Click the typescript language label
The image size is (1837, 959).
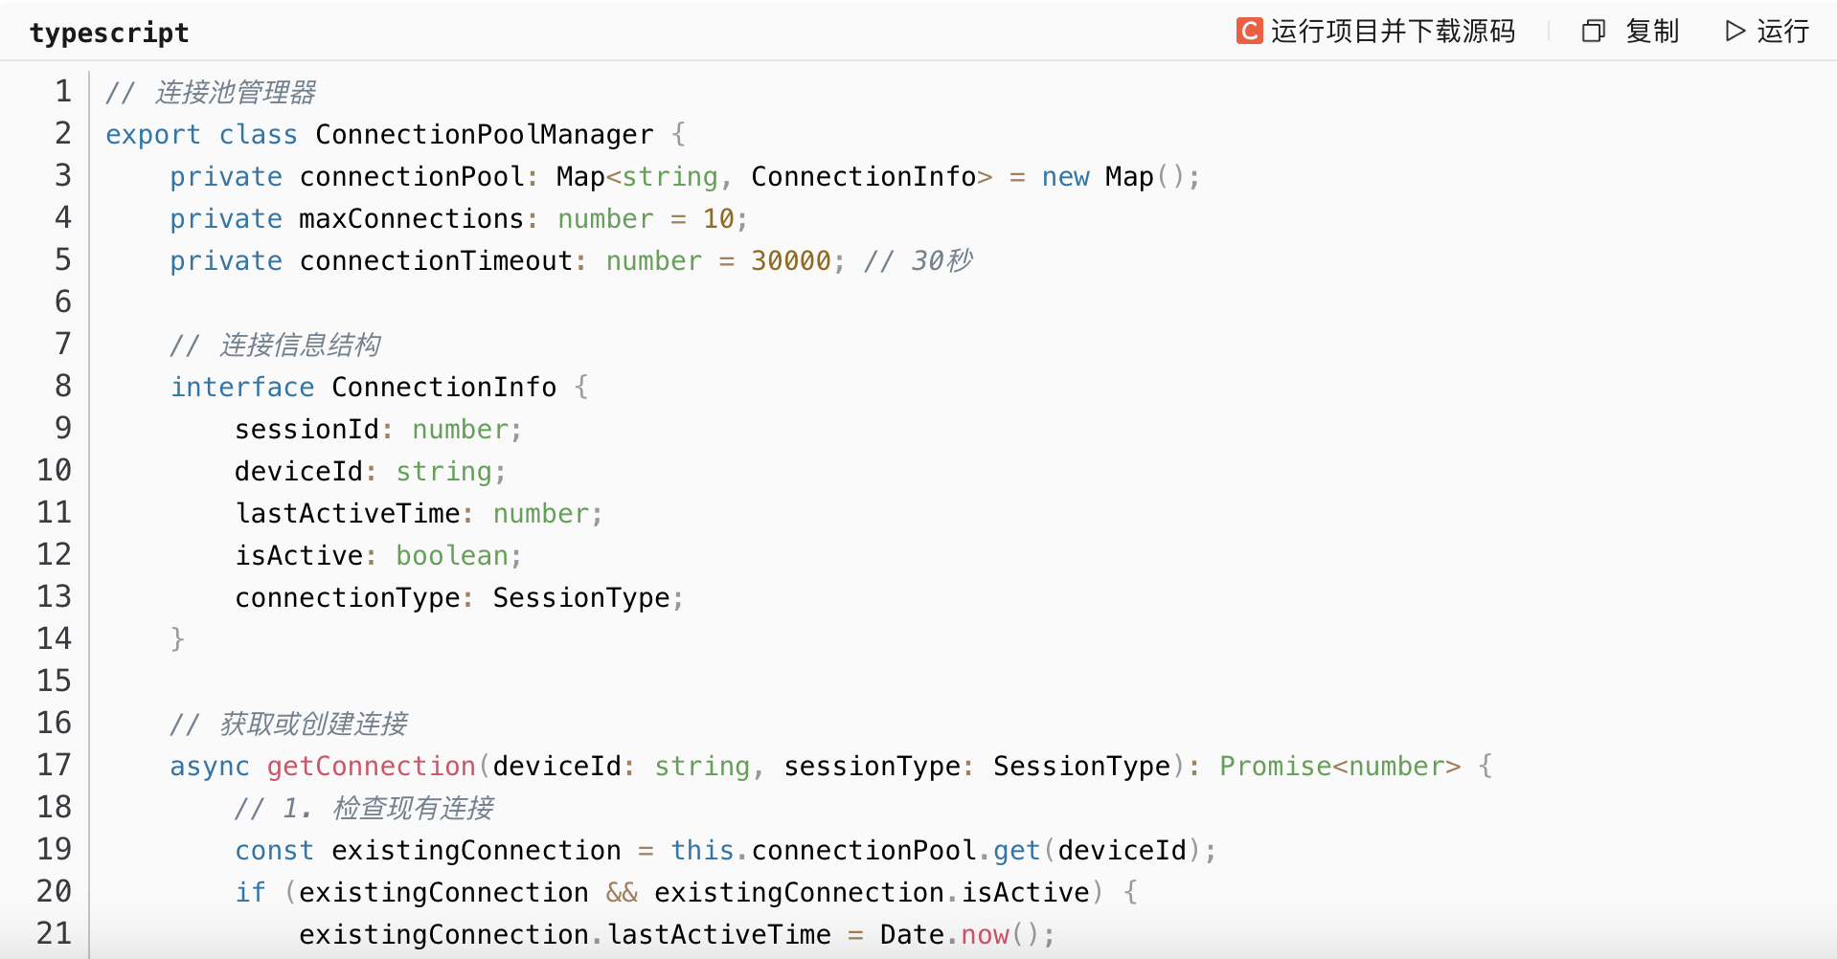[109, 33]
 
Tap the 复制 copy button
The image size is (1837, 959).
[1631, 32]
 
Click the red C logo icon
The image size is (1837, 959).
[1249, 32]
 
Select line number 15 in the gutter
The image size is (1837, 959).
[55, 680]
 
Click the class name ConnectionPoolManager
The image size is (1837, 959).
[484, 135]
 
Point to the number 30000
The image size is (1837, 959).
[791, 261]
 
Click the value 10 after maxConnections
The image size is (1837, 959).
[718, 219]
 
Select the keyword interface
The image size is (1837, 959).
[242, 388]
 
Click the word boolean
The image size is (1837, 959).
[452, 556]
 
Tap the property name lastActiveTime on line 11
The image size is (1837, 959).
[349, 514]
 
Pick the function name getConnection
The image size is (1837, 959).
[371, 767]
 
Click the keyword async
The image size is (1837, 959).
[210, 767]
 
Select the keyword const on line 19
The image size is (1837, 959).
[274, 851]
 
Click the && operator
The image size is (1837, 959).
[622, 893]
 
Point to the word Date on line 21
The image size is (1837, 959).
[912, 935]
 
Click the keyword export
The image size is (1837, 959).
[153, 135]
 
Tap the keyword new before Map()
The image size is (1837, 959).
[1065, 177]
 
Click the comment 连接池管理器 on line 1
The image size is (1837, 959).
[235, 93]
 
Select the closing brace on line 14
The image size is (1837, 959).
[177, 638]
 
